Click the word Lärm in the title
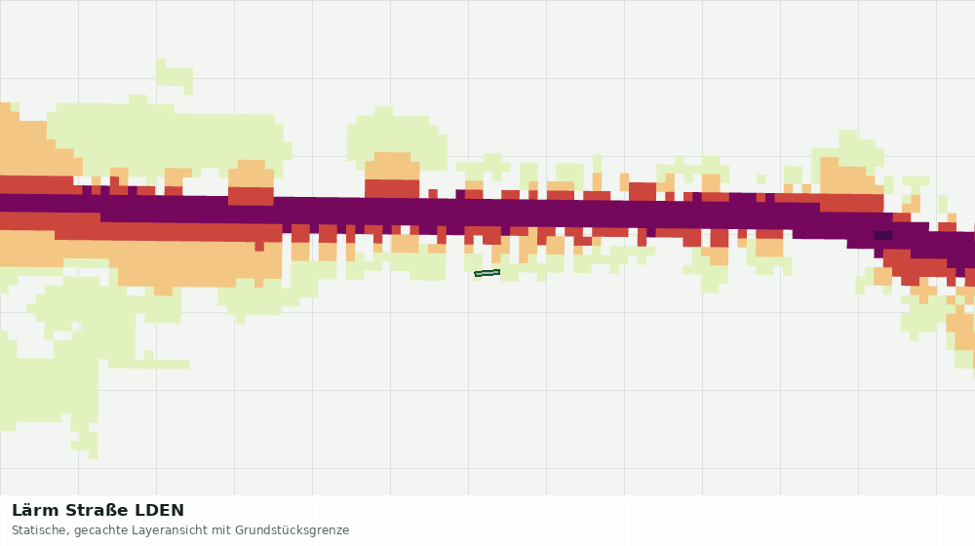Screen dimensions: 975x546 click(35, 511)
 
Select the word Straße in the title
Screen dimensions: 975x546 click(97, 511)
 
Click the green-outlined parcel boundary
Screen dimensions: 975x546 click(487, 273)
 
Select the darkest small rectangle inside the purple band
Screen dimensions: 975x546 click(883, 235)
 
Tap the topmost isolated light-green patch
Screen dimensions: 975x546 click(175, 76)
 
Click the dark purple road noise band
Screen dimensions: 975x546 click(473, 214)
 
